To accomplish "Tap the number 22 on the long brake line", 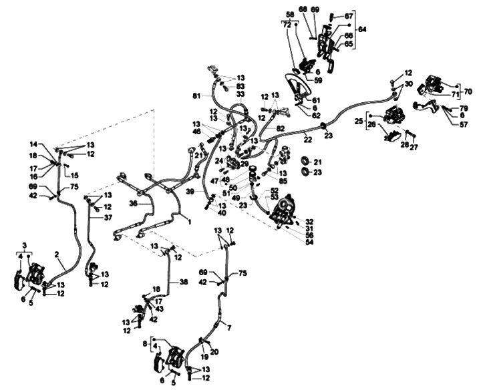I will click(x=308, y=138).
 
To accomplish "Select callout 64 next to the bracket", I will click(x=362, y=29).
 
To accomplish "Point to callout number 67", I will click(x=349, y=16).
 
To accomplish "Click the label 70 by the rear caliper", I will click(x=468, y=91).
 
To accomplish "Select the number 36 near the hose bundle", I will click(x=134, y=203).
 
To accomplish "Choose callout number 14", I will click(x=33, y=144).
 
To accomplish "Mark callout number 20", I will click(x=214, y=351).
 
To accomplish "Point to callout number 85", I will click(x=283, y=181).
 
